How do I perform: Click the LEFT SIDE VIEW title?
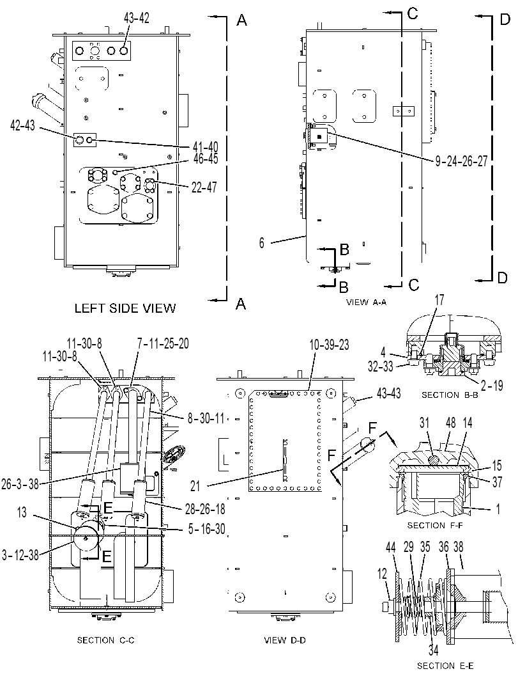(125, 308)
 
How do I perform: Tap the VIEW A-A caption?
(367, 303)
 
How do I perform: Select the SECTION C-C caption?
(105, 640)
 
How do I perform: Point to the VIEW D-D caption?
(285, 640)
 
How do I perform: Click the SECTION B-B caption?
(450, 395)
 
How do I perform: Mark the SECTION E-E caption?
(448, 666)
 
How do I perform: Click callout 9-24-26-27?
(461, 161)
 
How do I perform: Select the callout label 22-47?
(204, 187)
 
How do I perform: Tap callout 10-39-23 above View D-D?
(329, 345)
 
